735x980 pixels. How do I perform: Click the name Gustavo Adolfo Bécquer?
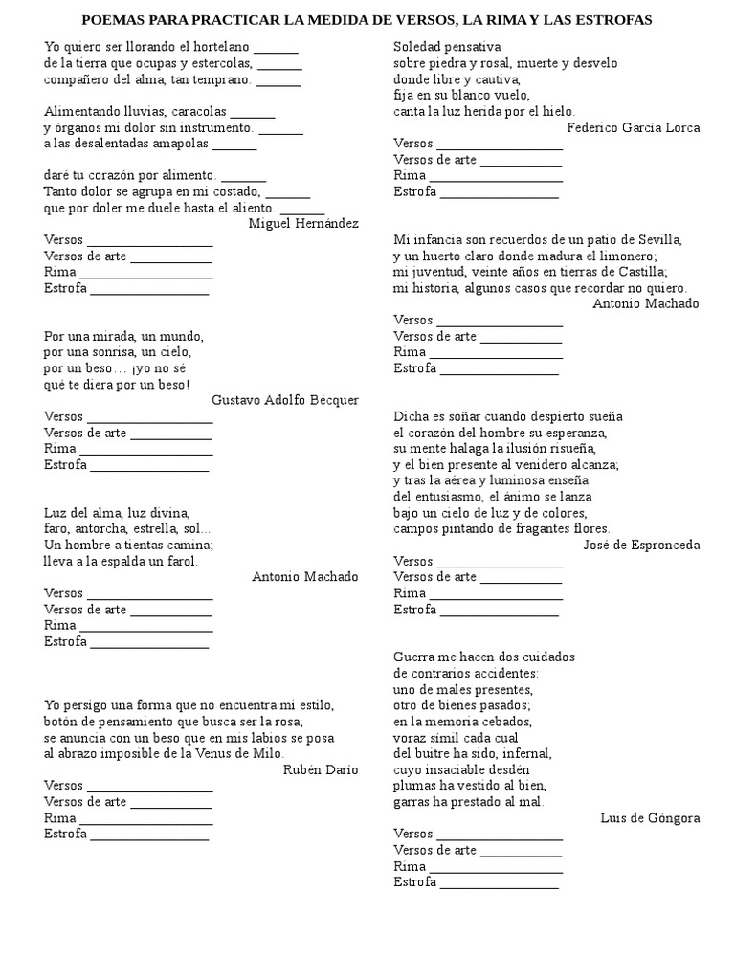(284, 400)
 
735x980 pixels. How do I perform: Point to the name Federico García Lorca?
(633, 127)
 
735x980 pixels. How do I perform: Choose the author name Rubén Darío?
(321, 768)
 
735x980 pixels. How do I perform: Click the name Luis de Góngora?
(650, 817)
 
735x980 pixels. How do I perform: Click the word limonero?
(620, 256)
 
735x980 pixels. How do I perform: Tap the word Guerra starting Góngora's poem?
(414, 657)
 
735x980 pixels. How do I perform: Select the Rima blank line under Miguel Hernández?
(145, 273)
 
